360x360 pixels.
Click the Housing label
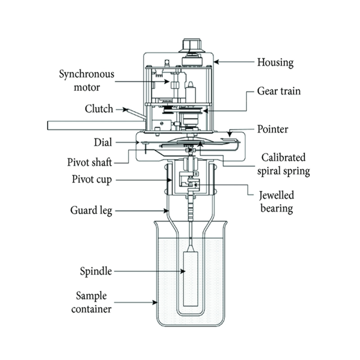(x=274, y=62)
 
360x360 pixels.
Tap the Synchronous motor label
(x=88, y=80)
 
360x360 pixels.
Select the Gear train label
(x=279, y=91)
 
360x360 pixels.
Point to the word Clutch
(x=99, y=109)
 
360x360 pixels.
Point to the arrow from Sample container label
(x=137, y=301)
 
